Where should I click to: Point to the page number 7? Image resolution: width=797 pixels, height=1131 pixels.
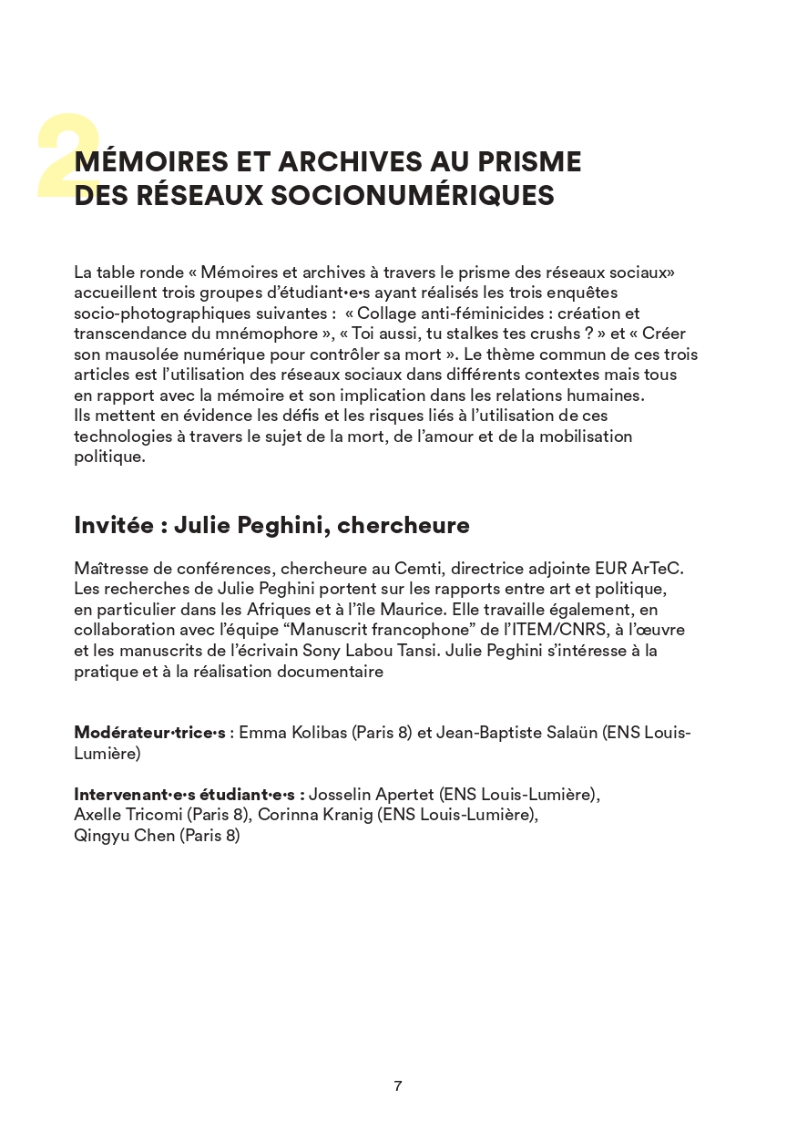tap(398, 1085)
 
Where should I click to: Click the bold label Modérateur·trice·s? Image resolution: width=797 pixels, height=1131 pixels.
tap(149, 733)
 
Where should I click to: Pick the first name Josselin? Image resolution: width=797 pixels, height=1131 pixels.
tap(343, 795)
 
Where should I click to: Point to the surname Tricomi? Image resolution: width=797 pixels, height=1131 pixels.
tap(150, 816)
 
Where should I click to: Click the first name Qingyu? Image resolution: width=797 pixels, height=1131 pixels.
tap(100, 837)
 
